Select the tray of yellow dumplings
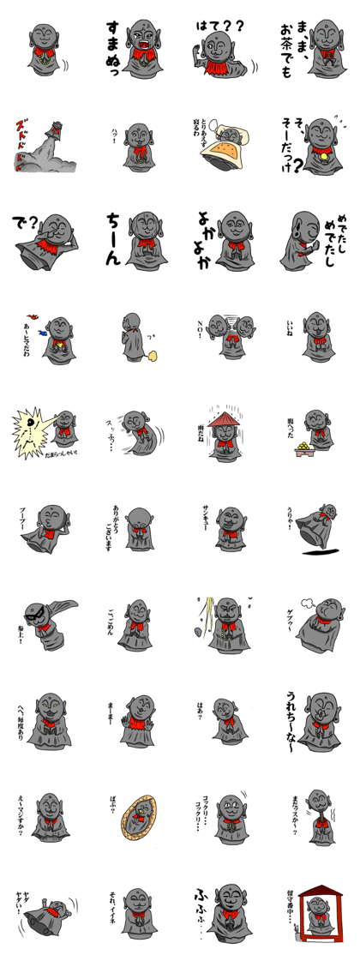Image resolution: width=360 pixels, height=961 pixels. (304, 448)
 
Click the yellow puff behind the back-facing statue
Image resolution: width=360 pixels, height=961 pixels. (153, 354)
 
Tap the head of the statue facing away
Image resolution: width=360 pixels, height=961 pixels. (131, 324)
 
